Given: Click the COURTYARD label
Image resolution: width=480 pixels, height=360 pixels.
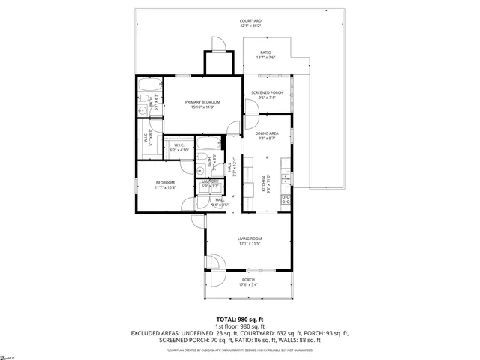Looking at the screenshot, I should tap(250, 20).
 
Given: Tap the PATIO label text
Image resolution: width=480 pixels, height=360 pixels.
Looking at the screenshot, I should tap(266, 52).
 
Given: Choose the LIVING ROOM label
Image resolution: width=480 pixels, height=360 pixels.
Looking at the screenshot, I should tap(248, 239).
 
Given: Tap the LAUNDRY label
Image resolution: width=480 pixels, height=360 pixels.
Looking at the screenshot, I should tap(210, 181).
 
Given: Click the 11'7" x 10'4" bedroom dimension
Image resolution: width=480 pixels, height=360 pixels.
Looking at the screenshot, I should tap(165, 187).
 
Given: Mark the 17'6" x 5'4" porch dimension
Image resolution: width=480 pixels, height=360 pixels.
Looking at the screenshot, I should tap(248, 284).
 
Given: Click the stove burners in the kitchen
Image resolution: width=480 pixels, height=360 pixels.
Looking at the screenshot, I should tap(286, 200).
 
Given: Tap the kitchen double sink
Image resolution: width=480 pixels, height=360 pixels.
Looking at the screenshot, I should tap(286, 178).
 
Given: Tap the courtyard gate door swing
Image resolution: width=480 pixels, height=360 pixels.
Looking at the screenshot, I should tap(216, 45).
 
